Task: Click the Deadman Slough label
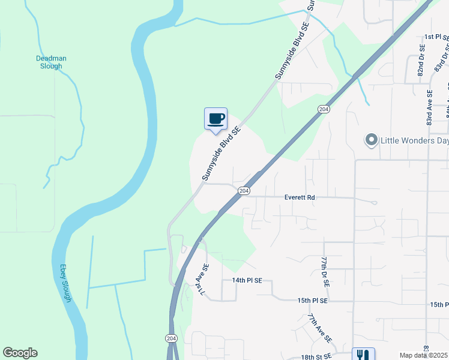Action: click(x=51, y=62)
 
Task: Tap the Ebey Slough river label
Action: click(x=65, y=283)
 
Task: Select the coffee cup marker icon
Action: click(x=215, y=118)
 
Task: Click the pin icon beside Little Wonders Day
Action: click(x=371, y=141)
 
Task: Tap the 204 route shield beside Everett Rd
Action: click(x=243, y=191)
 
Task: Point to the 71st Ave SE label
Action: click(x=200, y=280)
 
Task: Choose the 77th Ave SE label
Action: click(x=320, y=328)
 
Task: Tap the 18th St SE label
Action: click(x=316, y=357)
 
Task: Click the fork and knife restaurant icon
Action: click(x=363, y=355)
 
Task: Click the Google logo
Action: click(x=20, y=353)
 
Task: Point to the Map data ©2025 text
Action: click(x=424, y=355)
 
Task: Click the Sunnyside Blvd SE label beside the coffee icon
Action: click(x=221, y=153)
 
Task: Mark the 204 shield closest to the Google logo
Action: click(x=171, y=338)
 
